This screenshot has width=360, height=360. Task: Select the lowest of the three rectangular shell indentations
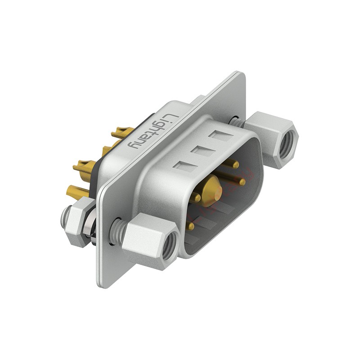click(x=185, y=165)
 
